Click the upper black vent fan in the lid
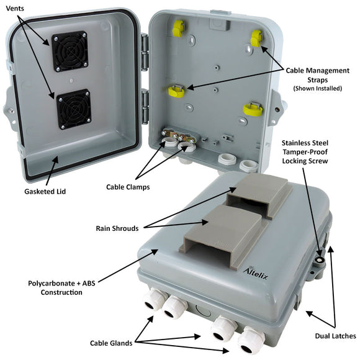(70, 52)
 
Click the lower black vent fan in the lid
(74, 109)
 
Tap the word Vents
(15, 9)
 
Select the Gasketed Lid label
(45, 191)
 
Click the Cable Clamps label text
(128, 187)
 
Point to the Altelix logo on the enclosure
(255, 272)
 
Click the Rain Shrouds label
(117, 228)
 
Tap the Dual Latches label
(335, 336)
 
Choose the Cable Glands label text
(111, 343)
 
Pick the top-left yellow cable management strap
(178, 27)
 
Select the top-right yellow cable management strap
(256, 38)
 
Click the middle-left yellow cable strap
(176, 91)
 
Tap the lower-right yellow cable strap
(253, 109)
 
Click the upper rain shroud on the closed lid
(259, 196)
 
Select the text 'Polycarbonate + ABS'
(61, 283)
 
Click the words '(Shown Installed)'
(318, 88)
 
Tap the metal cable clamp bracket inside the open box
(179, 136)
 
